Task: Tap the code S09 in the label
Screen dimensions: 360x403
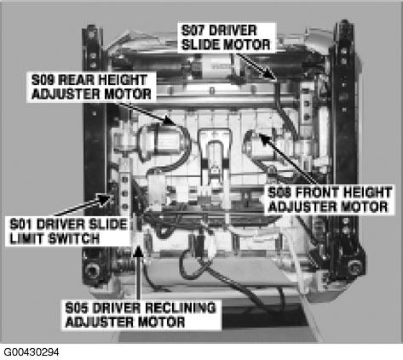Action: tap(43, 79)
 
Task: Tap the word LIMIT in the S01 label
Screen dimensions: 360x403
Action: tap(28, 239)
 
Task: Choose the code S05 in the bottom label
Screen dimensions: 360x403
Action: tap(80, 306)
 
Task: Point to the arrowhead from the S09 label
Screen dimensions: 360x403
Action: tap(178, 123)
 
